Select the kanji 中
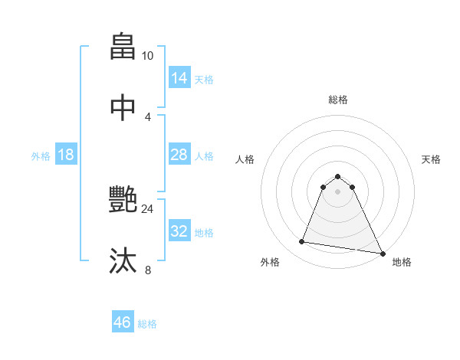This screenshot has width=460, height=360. (123, 108)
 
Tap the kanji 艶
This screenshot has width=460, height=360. (123, 200)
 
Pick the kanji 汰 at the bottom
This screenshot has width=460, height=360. (123, 261)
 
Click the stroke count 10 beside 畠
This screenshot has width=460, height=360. (147, 56)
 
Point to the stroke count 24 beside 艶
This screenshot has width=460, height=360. (147, 208)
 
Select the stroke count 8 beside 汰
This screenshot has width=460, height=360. (147, 270)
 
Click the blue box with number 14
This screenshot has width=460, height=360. (179, 77)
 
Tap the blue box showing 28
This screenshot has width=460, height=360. (179, 155)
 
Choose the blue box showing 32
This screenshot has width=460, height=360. (179, 231)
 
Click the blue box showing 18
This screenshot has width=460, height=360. (66, 155)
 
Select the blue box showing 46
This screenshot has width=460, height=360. (122, 322)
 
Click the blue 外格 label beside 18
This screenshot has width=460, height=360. (41, 155)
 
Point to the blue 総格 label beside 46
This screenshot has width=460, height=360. (147, 324)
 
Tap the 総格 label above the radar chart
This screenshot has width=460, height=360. (337, 100)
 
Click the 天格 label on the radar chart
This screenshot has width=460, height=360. (431, 159)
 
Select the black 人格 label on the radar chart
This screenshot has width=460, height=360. (244, 159)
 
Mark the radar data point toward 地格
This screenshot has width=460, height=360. (382, 253)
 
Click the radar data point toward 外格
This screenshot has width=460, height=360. (302, 242)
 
